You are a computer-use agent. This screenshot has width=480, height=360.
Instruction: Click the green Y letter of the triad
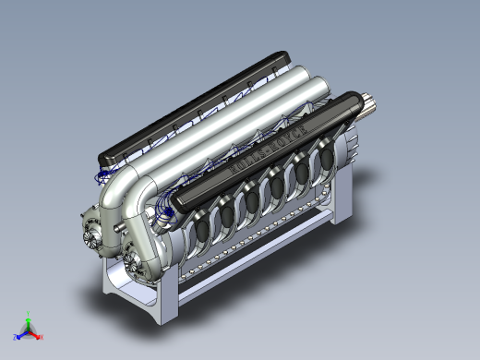(28, 314)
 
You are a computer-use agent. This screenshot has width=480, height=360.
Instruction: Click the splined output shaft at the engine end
(371, 110)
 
